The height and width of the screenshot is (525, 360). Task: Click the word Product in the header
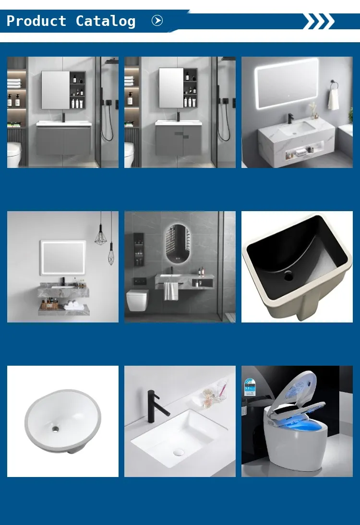tap(36, 21)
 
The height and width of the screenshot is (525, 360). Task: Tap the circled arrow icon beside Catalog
tap(157, 21)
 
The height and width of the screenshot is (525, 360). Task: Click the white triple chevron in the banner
tap(318, 21)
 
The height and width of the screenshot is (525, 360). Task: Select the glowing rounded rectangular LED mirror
tap(287, 83)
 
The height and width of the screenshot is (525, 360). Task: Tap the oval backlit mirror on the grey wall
tap(178, 243)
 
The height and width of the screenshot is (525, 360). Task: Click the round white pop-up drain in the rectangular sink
tap(179, 453)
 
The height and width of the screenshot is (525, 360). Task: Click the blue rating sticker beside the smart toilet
tap(250, 387)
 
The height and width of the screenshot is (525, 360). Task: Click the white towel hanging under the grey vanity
tap(171, 291)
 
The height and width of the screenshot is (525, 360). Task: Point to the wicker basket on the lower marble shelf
tap(49, 305)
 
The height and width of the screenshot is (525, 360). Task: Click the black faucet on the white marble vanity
tap(290, 118)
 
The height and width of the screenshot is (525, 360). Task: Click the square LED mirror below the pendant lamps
tap(63, 258)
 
